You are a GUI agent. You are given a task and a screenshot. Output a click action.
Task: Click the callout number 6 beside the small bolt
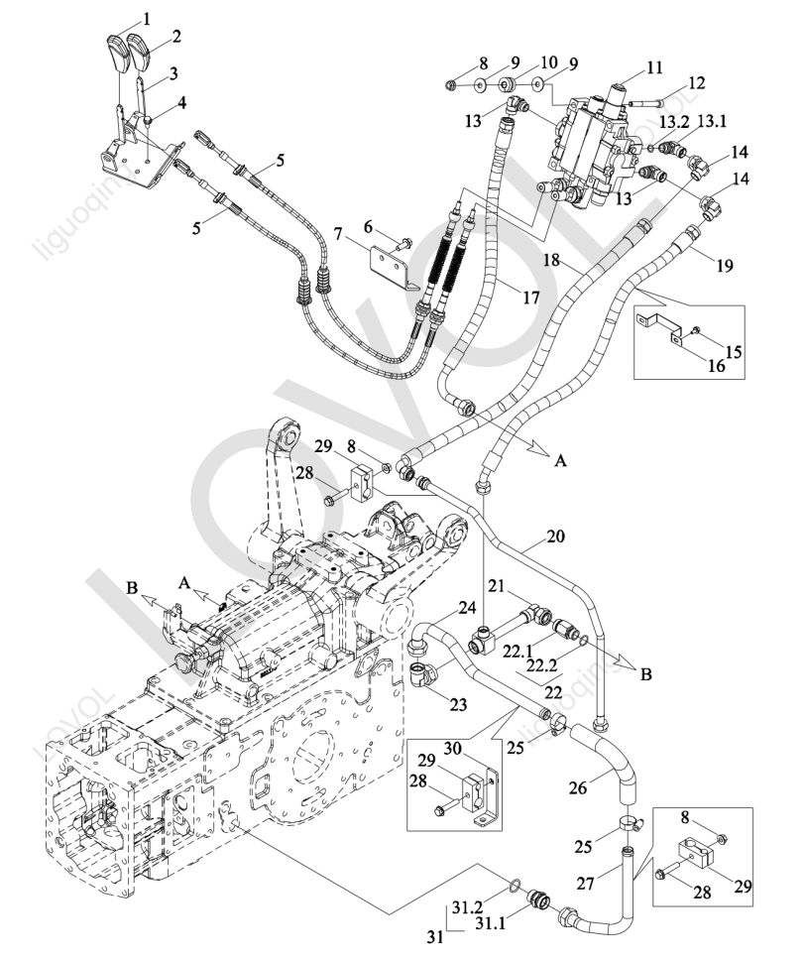pos(368,227)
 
